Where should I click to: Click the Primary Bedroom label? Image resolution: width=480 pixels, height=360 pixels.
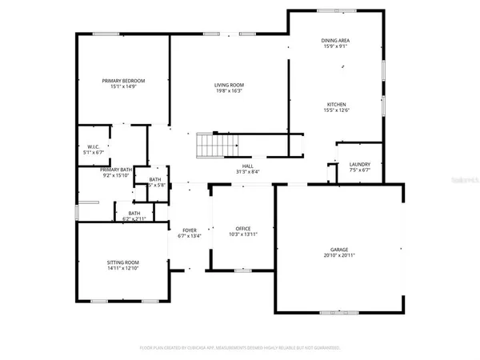123,81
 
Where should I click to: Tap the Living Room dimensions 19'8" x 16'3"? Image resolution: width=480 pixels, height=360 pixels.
229,92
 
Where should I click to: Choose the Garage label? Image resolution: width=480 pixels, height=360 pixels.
339,249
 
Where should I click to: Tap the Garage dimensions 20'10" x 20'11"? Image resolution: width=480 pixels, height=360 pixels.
339,255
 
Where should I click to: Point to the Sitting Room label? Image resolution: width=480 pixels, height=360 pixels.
123,262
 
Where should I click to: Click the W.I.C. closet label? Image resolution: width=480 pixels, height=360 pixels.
93,147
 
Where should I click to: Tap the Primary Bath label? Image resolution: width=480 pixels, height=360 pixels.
105,170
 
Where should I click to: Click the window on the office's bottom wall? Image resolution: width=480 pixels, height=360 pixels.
242,270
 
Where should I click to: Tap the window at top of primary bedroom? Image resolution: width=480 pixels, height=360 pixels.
106,34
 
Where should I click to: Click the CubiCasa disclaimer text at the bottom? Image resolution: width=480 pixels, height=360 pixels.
240,348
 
